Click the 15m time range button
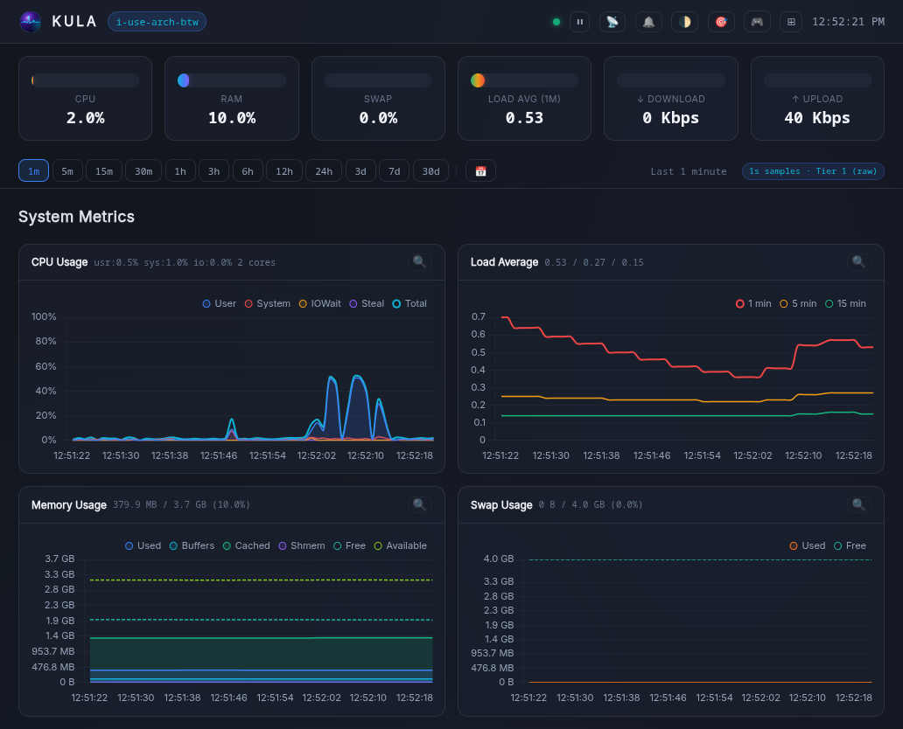click(x=104, y=171)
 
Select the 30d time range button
click(x=430, y=171)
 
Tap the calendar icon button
click(x=480, y=171)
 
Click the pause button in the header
click(x=579, y=22)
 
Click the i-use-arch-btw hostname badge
click(x=157, y=22)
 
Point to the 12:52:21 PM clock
click(x=848, y=22)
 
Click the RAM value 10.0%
click(x=232, y=118)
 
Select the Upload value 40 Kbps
click(x=816, y=118)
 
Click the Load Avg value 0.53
click(x=524, y=118)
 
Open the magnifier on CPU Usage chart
click(x=419, y=261)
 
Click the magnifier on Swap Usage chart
click(x=858, y=504)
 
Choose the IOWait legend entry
click(x=320, y=303)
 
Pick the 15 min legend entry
click(x=845, y=303)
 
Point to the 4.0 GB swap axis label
click(x=498, y=559)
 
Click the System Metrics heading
click(x=76, y=217)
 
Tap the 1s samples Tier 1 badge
click(x=812, y=171)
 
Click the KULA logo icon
click(x=31, y=22)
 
